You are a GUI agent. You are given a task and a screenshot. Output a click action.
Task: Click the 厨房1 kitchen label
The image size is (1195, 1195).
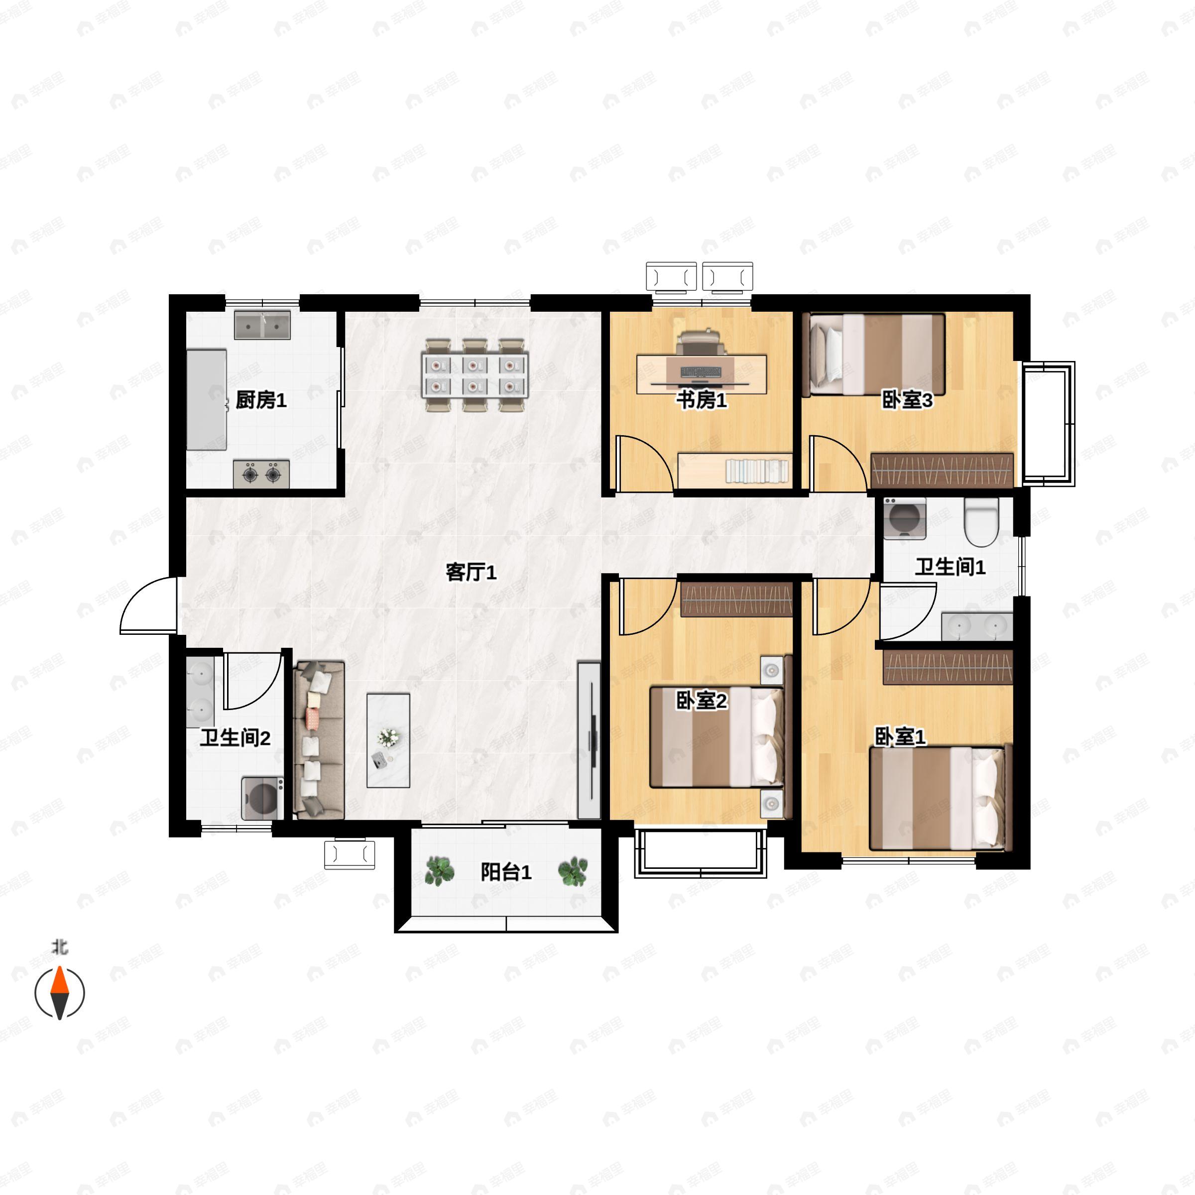261,400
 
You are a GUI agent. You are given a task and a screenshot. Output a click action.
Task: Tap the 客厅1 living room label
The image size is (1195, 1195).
472,572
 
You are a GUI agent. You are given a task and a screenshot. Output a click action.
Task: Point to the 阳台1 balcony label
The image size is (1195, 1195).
506,872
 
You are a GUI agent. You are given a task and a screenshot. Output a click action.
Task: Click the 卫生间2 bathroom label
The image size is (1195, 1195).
235,738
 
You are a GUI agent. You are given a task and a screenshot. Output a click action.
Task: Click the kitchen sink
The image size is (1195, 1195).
262,325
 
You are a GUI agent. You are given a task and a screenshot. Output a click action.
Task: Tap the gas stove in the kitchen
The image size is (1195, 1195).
261,475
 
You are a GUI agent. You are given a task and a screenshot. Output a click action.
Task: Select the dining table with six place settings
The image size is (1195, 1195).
475,375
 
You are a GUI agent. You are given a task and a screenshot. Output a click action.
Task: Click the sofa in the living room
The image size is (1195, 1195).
319,740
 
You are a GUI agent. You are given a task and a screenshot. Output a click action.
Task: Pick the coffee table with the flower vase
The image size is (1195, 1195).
388,740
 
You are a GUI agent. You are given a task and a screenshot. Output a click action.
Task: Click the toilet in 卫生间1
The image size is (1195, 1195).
981,523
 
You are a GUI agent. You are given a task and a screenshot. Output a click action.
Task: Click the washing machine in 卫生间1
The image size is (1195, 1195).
904,518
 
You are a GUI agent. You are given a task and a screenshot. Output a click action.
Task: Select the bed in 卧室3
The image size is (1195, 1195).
874,355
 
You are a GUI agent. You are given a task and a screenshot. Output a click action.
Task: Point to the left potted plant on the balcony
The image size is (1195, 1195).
440,871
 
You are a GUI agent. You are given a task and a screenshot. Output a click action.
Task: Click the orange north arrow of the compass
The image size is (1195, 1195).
59,979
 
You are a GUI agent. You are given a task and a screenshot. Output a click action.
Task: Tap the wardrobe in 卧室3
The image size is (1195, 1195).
942,470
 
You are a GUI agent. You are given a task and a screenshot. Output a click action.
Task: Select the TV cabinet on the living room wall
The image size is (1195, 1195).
589,740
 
